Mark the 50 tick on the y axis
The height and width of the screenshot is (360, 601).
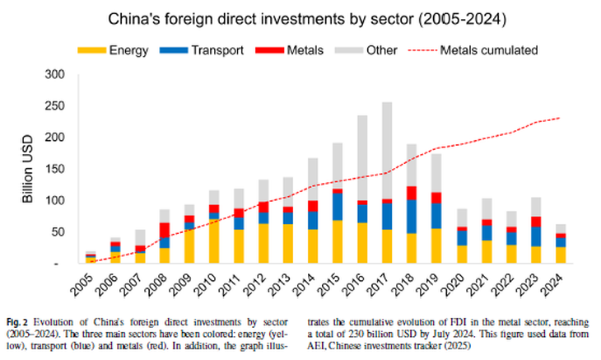[x=59, y=233]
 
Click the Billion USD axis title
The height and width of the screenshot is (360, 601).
[x=26, y=169]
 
